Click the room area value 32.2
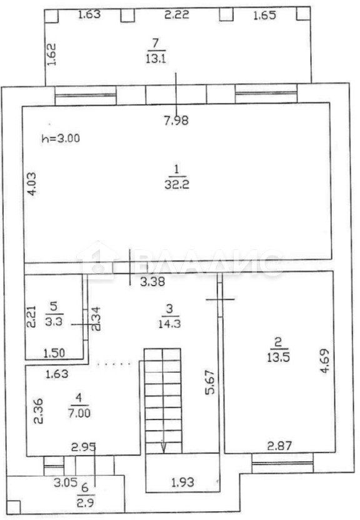177,184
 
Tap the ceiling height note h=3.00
61,138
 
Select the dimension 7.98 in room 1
177,120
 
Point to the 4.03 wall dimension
32,183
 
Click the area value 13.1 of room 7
156,59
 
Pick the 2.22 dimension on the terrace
177,14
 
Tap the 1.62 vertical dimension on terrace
51,54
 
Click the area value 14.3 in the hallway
169,323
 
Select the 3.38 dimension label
152,282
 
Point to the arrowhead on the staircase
163,447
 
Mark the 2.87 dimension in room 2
280,446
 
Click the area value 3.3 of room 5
54,321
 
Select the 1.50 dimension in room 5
54,352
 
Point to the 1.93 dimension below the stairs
183,482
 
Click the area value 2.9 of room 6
85,502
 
